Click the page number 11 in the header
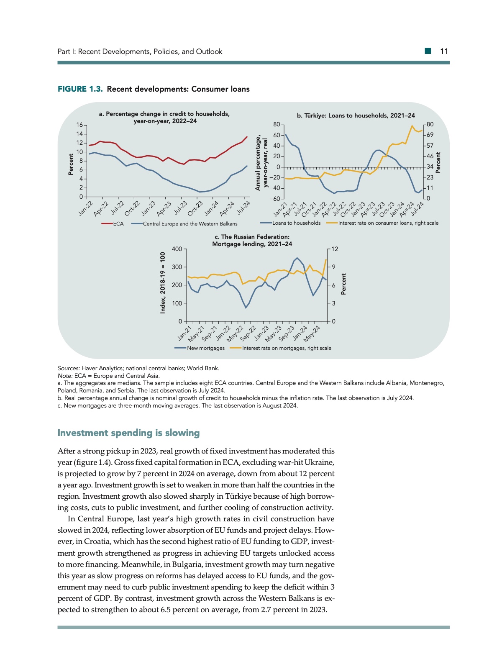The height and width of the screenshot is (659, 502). click(444, 51)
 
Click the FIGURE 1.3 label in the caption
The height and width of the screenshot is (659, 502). click(80, 89)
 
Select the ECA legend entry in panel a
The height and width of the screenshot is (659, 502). click(118, 224)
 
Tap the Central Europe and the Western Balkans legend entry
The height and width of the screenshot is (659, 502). click(190, 224)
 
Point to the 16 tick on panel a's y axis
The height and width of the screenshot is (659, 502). click(79, 125)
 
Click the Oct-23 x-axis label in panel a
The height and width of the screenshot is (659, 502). click(195, 208)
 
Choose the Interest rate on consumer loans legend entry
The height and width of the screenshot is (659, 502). click(388, 223)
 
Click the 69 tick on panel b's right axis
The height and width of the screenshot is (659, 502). click(430, 135)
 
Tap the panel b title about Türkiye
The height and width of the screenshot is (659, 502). click(356, 115)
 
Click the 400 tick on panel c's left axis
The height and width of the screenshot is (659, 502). click(177, 249)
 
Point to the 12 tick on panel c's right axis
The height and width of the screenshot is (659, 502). click(335, 249)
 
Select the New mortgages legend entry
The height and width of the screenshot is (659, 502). click(205, 348)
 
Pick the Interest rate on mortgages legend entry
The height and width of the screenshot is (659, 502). click(287, 348)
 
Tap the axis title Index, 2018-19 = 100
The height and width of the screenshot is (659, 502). click(163, 282)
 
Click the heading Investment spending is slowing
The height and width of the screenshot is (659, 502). click(128, 433)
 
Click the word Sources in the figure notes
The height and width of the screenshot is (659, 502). click(69, 368)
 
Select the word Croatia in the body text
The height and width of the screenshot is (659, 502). click(97, 541)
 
